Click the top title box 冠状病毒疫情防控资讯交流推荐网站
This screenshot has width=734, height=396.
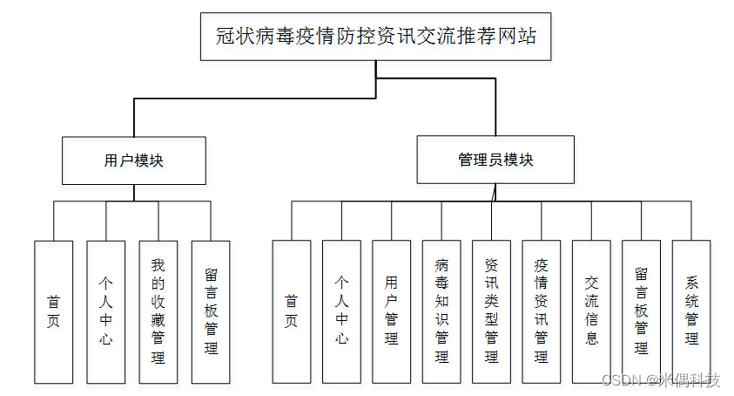point(376,37)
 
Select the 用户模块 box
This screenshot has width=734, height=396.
point(134,160)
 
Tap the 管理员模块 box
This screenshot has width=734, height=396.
point(495,160)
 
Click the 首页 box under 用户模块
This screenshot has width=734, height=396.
point(53,311)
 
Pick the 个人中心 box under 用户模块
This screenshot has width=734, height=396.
point(106,311)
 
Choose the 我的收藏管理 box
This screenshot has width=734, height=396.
point(158,311)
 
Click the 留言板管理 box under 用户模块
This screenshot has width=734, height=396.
point(211,311)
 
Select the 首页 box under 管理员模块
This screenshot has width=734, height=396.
point(292,311)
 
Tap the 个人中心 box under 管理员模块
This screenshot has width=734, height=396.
point(341,311)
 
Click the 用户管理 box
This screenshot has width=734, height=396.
point(391,311)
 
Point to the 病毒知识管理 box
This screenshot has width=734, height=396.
point(441,311)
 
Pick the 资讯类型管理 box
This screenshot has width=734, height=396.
point(491,311)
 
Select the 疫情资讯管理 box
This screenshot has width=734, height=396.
point(541,311)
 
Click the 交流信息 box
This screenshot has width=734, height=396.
point(591,311)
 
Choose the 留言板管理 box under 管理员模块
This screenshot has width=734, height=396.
point(641,311)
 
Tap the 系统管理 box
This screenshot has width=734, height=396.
point(691,311)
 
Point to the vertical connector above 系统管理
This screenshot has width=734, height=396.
point(691,221)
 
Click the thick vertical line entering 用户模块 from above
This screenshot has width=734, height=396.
point(134,117)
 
